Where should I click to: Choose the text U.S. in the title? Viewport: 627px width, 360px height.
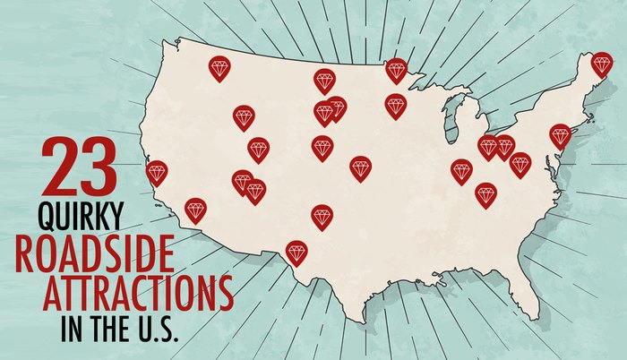coord(158,324)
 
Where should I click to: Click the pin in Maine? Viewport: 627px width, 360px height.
coord(601,64)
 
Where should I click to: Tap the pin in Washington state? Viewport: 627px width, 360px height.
coord(219,67)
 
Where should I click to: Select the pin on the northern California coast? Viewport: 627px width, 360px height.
coord(157,172)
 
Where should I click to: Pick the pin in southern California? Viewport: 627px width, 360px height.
coord(195,210)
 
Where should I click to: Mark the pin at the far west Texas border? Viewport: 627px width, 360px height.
coord(296,252)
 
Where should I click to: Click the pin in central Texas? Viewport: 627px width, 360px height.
coord(322,216)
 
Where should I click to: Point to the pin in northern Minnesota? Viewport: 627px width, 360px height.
coord(395,69)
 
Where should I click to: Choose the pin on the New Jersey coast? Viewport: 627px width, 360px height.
coord(560,135)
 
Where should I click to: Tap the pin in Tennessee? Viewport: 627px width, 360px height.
coord(485,193)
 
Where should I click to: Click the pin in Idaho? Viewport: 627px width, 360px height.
coord(244,116)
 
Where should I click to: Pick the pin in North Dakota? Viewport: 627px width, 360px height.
coord(324,81)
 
